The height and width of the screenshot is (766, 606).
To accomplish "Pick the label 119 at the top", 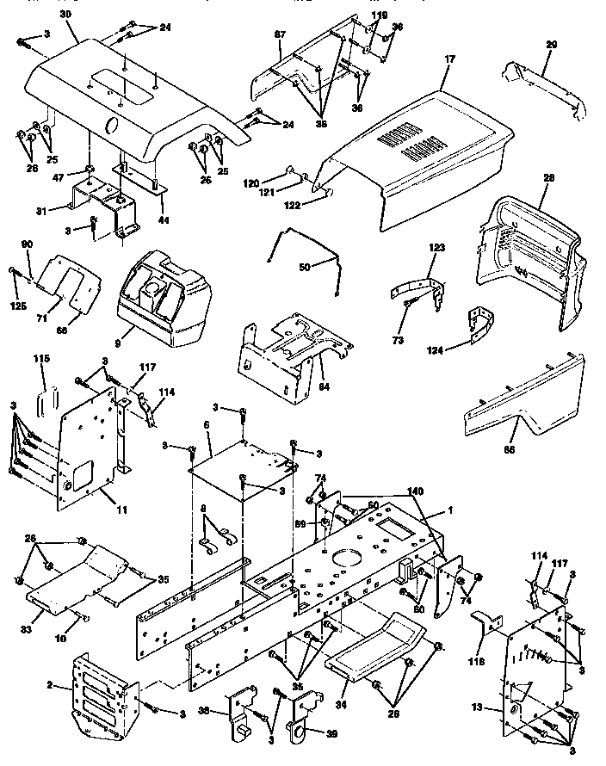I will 380,15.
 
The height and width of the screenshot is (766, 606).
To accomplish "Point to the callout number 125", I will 17,306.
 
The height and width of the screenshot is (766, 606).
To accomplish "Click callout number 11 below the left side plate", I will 121,510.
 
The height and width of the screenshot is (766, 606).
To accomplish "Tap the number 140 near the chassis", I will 417,490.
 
